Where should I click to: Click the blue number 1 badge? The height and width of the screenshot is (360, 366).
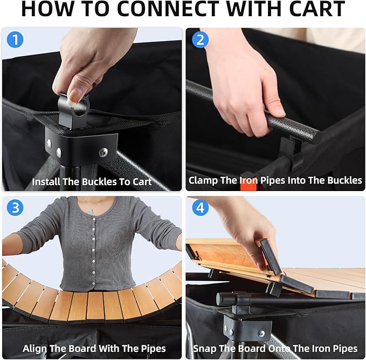pyautogui.click(x=15, y=40)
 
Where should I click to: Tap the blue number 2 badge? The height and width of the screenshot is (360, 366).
pyautogui.click(x=201, y=40)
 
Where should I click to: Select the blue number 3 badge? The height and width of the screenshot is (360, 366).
pyautogui.click(x=15, y=208)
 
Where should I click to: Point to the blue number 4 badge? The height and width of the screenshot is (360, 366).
pyautogui.click(x=201, y=208)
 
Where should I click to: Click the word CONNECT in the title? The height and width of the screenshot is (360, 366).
pyautogui.click(x=168, y=9)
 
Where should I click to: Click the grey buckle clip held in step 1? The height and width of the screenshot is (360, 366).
pyautogui.click(x=73, y=111)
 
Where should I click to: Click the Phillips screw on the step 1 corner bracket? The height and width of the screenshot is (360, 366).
pyautogui.click(x=103, y=152)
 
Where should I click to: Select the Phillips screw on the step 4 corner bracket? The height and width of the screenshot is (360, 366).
pyautogui.click(x=261, y=333)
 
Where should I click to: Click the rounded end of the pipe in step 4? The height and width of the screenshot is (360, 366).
pyautogui.click(x=220, y=299)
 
